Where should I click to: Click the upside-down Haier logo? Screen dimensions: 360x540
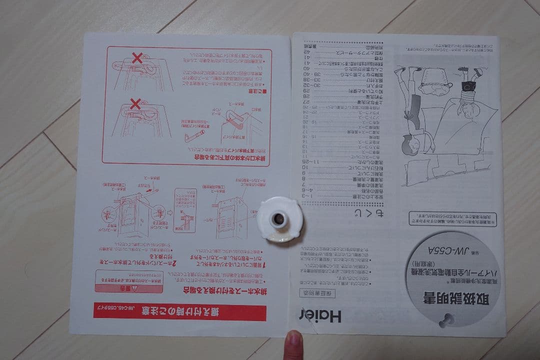tap(320, 316)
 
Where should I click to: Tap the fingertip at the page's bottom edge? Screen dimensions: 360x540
tap(292, 344)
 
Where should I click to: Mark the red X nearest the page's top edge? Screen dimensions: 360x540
tap(137, 59)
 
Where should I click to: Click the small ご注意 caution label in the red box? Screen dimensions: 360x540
tap(257, 91)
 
